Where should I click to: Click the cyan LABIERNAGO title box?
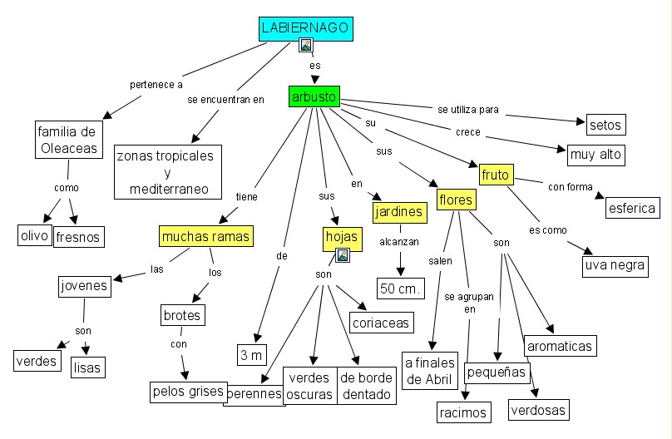305,28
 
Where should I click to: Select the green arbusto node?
314,97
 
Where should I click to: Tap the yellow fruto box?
496,175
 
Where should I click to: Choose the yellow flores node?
456,200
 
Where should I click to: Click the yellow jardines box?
399,212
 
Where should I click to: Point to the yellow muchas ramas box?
205,236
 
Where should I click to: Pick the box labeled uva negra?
615,266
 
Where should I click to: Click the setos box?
605,125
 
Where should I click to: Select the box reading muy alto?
595,154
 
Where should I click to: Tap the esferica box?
631,208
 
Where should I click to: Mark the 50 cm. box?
401,289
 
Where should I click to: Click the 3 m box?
250,355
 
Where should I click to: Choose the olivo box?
34,234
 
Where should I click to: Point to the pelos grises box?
188,390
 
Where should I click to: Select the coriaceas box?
378,323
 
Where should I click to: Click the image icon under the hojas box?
343,255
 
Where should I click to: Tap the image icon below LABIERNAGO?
306,45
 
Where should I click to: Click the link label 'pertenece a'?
156,84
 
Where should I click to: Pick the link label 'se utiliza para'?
467,109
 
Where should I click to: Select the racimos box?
462,411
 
